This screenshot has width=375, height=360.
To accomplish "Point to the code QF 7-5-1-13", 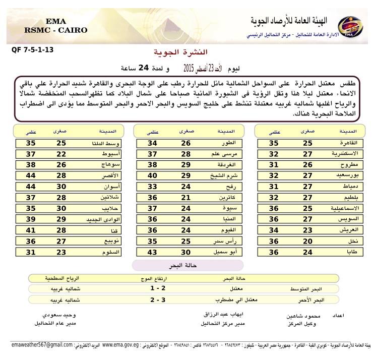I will click(x=31, y=50).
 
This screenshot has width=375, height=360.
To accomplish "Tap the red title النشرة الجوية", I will click(x=187, y=52).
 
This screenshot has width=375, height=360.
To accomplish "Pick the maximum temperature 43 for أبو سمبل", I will click(x=152, y=252).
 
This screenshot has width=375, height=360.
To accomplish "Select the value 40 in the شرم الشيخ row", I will click(x=152, y=175).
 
